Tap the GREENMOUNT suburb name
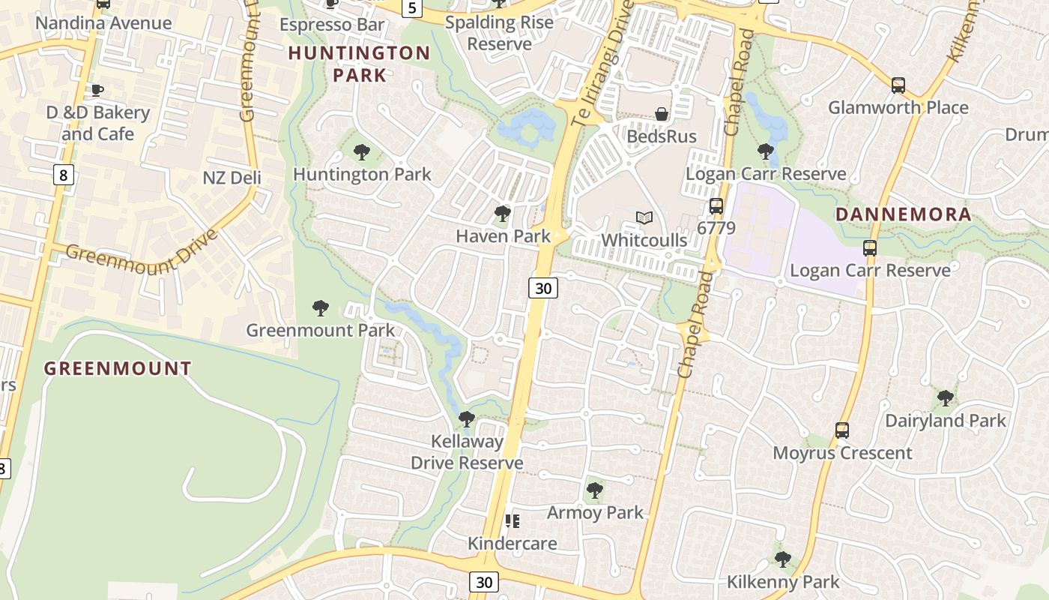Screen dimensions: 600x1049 point(118,368)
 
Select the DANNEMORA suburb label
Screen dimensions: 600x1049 point(903,214)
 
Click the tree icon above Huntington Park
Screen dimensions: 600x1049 point(362,153)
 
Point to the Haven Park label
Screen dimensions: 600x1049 point(503,236)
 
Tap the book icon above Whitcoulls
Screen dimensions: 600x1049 point(644,218)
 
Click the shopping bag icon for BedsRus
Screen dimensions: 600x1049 point(662,114)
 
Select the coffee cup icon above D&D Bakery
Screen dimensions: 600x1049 point(97,91)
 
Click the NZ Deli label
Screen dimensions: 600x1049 point(232,178)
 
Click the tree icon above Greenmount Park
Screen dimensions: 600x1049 point(321,307)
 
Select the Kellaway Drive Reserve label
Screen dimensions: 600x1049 point(467,452)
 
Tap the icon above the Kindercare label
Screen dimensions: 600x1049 point(513,520)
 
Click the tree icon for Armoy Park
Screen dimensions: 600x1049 point(595,490)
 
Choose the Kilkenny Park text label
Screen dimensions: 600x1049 point(783,582)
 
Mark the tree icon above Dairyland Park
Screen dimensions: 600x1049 point(946,397)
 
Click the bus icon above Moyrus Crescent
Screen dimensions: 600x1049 point(842,430)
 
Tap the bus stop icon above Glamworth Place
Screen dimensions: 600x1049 point(898,85)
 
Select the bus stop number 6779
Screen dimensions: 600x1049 point(716,227)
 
